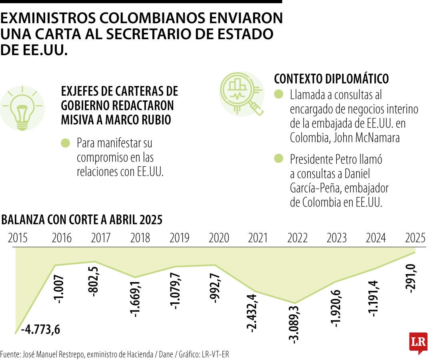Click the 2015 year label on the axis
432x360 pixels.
18,238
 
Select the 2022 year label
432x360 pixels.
297,238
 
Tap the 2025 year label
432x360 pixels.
415,238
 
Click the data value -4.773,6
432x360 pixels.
42,330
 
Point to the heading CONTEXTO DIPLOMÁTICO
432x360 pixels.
331,79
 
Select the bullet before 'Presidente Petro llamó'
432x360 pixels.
278,158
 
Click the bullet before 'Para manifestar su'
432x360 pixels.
65,143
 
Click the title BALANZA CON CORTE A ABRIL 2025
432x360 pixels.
82,220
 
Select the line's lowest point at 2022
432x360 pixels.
295,303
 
